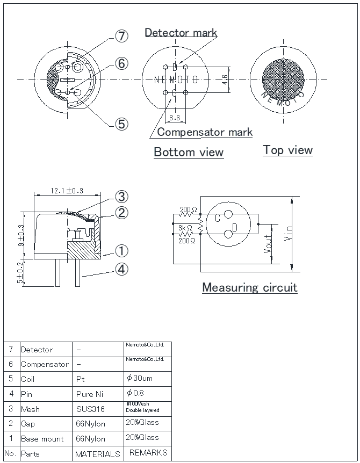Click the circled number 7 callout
(121, 36)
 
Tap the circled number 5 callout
(121, 124)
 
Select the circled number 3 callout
(121, 197)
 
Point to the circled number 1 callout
(121, 251)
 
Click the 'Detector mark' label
(181, 32)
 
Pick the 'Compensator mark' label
(205, 132)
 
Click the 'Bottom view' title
(189, 152)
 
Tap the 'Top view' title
(287, 150)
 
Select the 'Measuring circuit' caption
(250, 287)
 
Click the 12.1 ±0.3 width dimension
(67, 191)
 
